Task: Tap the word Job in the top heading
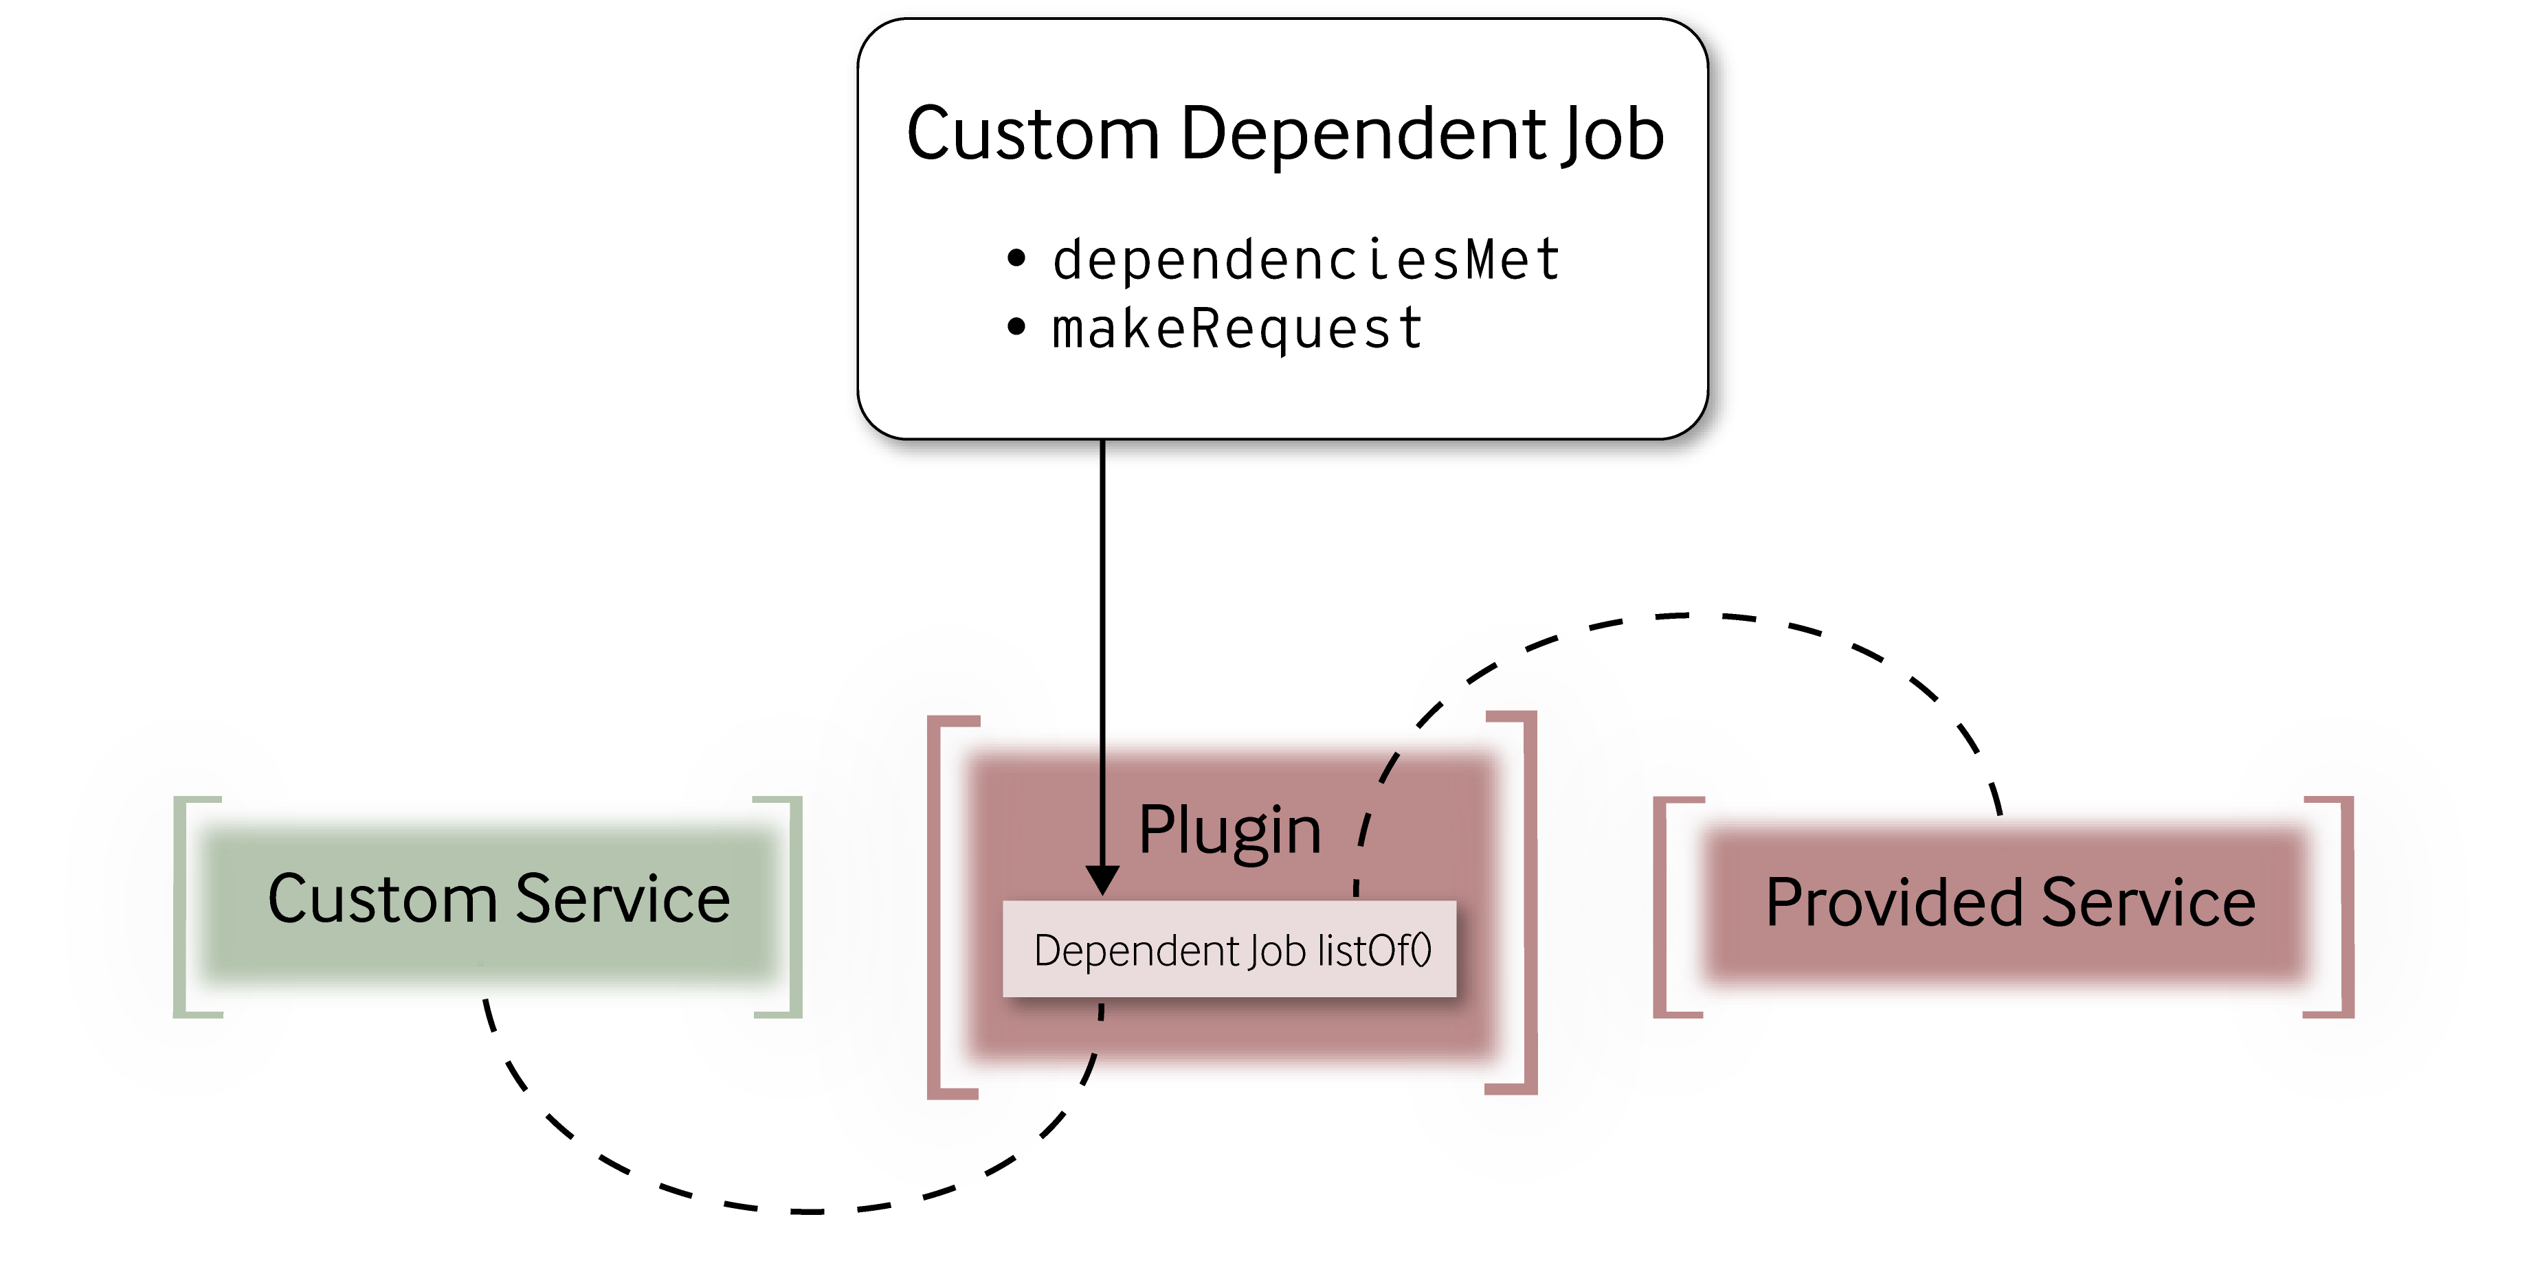(x=1610, y=135)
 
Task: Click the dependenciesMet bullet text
(x=1306, y=260)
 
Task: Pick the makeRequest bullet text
(x=1237, y=329)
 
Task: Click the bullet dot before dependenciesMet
(x=1016, y=259)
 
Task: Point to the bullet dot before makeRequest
(x=1016, y=328)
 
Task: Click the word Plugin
(x=1229, y=830)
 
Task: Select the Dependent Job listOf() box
(x=1229, y=949)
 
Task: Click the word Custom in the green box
(x=383, y=898)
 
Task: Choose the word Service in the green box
(x=623, y=898)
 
